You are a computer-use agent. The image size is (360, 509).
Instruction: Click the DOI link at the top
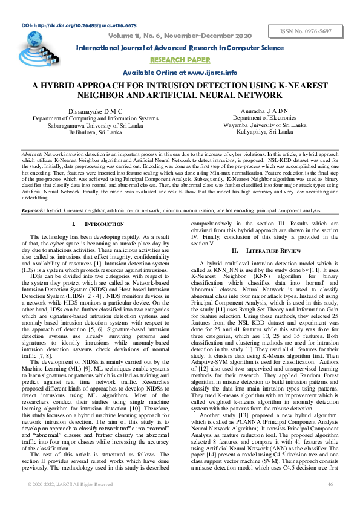click(x=79, y=27)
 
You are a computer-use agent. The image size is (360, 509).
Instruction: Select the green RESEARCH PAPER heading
click(x=180, y=60)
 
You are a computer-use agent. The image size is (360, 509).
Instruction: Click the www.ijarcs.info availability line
click(x=180, y=73)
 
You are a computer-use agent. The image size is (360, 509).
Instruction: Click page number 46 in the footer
click(x=330, y=501)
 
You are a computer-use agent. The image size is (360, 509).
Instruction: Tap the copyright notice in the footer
click(x=70, y=501)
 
